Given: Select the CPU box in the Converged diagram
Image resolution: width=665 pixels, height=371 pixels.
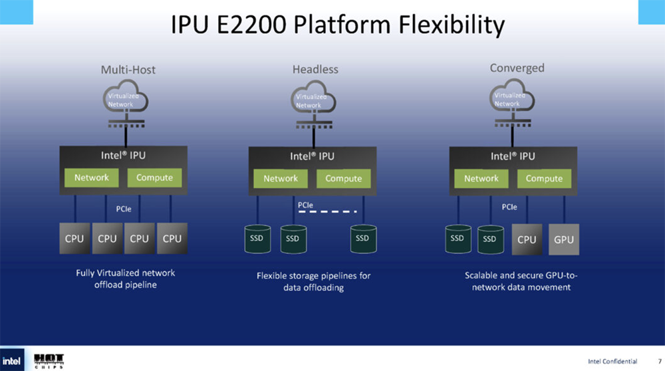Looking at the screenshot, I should (526, 239).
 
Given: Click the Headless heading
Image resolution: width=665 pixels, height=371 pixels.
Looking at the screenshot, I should (315, 69).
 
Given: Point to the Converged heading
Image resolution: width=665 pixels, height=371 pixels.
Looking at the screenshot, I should (517, 68).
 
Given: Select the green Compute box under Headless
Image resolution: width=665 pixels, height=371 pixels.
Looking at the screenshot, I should (344, 178).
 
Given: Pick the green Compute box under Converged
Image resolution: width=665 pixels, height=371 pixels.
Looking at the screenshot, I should (544, 178).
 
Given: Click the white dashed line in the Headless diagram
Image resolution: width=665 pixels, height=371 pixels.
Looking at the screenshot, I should (329, 213).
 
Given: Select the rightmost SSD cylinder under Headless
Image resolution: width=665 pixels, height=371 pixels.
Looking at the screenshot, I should (362, 239).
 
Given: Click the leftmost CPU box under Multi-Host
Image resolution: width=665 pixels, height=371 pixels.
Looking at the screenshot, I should (73, 239).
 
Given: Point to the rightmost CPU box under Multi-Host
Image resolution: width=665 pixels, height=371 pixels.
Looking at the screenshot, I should (172, 239).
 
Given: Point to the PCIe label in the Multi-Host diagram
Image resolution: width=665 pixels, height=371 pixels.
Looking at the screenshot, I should (123, 209).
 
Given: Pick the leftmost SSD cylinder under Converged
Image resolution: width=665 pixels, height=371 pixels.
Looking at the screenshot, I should (457, 239).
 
